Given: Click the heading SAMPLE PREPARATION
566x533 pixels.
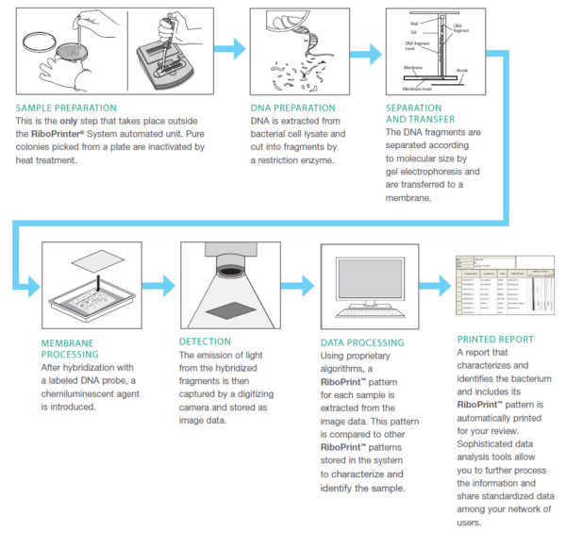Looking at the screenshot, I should click(x=66, y=108).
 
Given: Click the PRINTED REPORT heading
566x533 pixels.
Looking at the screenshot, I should click(x=495, y=339).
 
